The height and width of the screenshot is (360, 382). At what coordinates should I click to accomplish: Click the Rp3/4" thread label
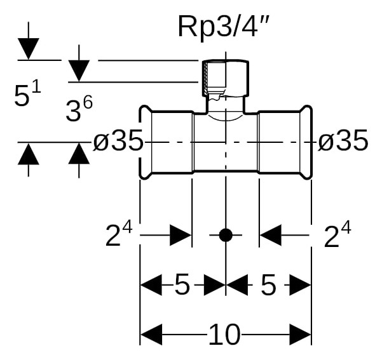[x=223, y=26]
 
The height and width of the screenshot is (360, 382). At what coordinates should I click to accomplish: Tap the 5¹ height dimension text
[x=27, y=94]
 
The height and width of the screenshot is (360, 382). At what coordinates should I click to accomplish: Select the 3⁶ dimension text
[x=79, y=109]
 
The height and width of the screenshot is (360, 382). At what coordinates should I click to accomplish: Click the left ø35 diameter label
[x=118, y=140]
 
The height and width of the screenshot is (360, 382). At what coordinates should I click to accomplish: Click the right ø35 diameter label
[x=343, y=140]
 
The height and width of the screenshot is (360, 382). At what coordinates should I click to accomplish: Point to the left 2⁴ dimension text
[x=119, y=234]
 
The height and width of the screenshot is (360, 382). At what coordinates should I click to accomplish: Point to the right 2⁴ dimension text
[x=338, y=234]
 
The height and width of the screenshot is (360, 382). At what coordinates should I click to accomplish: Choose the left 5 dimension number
[x=182, y=284]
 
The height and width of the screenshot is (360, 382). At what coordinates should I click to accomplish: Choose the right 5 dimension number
[x=268, y=284]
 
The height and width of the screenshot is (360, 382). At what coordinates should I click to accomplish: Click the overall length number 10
[x=224, y=334]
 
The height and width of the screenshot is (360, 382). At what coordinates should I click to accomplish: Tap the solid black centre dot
[x=226, y=235]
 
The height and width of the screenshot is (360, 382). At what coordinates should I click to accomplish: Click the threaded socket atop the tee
[x=226, y=78]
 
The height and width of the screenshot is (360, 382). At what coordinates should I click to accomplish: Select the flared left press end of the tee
[x=146, y=142]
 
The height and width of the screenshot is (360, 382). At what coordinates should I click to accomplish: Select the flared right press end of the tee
[x=306, y=142]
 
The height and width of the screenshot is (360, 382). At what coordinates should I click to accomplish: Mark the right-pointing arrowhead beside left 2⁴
[x=181, y=235]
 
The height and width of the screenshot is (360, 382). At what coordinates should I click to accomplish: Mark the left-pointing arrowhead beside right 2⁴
[x=271, y=235]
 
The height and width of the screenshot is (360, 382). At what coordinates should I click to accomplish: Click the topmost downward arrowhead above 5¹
[x=28, y=49]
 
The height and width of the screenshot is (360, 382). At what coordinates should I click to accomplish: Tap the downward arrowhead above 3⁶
[x=79, y=71]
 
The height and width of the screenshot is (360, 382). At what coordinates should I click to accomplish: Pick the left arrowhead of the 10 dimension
[x=151, y=335]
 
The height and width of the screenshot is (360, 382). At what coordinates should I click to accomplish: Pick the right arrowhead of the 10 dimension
[x=300, y=335]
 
